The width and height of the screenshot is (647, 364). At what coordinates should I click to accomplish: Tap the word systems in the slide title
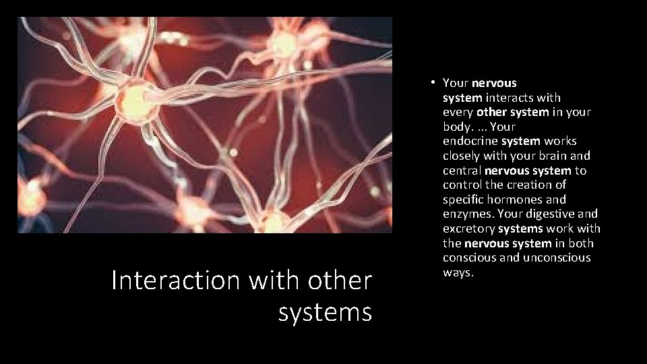tap(325, 312)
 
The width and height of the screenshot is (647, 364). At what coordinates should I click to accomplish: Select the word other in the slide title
tap(341, 280)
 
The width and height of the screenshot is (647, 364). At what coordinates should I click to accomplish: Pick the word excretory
tap(469, 229)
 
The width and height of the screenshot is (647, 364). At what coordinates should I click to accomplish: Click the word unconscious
tap(558, 257)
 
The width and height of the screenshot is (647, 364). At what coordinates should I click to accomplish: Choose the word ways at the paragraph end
tap(458, 272)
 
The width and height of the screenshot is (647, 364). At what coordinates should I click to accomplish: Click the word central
tap(462, 171)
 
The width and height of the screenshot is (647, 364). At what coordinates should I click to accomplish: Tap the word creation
tap(526, 185)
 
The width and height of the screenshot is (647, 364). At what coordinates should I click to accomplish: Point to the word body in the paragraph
tap(456, 127)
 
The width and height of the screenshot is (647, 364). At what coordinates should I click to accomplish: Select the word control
tap(463, 185)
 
